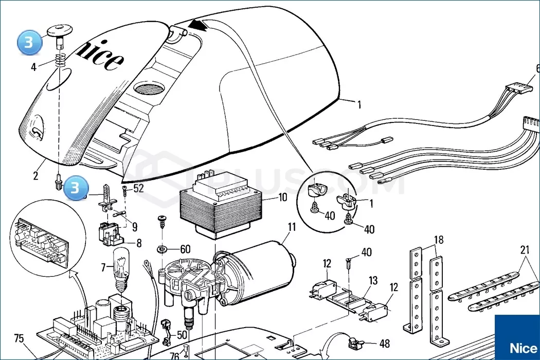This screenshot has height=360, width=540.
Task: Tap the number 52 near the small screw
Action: (x=138, y=188)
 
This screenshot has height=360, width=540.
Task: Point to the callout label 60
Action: (x=185, y=249)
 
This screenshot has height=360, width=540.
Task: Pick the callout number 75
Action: (x=19, y=338)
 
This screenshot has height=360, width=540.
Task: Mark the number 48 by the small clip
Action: (x=384, y=343)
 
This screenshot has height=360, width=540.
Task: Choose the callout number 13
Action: (x=373, y=280)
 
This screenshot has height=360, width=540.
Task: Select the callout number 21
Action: (x=525, y=250)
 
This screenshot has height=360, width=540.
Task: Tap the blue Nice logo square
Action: (x=517, y=337)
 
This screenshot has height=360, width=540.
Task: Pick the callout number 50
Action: (x=182, y=335)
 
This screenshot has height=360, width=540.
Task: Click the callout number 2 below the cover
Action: (x=35, y=176)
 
